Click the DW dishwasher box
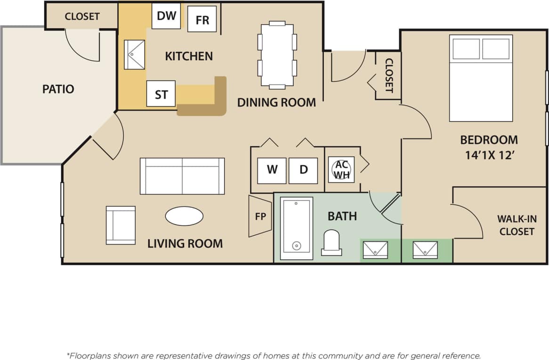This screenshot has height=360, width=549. (166, 16)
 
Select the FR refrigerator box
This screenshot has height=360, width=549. (202, 19)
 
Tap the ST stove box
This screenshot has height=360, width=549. (161, 94)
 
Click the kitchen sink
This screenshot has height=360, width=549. (135, 55)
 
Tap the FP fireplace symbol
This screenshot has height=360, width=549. (260, 216)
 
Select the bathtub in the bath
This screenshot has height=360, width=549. (297, 228)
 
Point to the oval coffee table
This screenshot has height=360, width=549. (184, 216)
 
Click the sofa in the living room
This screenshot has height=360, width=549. (182, 176)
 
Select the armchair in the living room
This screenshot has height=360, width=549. (121, 225)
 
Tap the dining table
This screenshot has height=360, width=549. (277, 55)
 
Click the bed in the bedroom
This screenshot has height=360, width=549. (481, 78)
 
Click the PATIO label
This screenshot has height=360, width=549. (58, 89)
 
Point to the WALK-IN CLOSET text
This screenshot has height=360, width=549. (517, 225)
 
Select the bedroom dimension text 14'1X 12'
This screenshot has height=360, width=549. (488, 155)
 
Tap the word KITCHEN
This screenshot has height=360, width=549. (189, 56)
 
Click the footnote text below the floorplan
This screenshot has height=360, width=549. (274, 356)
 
